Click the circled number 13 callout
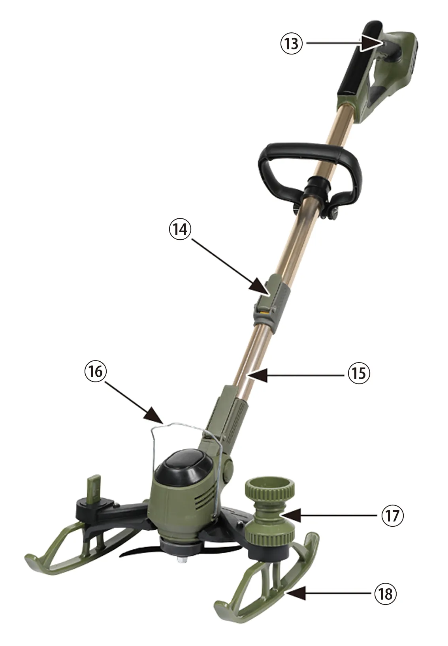coord(292,43)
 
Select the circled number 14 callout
coord(180,229)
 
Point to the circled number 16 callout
coord(96,372)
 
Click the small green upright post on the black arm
coord(94,489)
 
